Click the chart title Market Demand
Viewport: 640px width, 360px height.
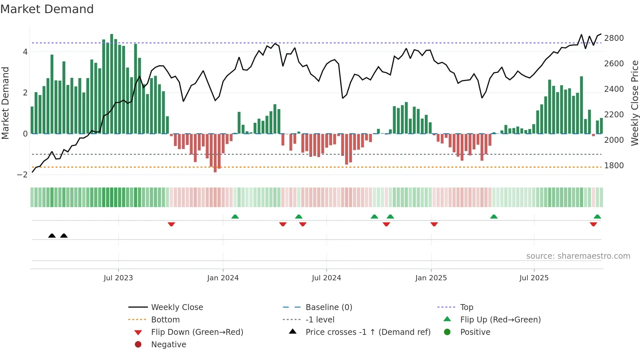click(x=47, y=9)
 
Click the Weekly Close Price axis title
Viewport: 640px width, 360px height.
click(x=634, y=103)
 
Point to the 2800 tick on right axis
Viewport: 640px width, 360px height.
click(x=614, y=38)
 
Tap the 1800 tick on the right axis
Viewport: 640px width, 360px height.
click(x=614, y=166)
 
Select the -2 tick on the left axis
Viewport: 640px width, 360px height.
click(x=22, y=175)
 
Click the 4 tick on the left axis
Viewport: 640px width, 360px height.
click(x=25, y=52)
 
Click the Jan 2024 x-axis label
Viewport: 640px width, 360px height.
click(x=223, y=278)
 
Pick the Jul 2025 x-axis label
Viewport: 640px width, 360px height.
click(x=534, y=278)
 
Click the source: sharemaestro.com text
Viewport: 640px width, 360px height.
click(x=578, y=256)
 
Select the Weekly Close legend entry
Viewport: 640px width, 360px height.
click(x=177, y=307)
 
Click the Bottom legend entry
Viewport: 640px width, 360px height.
click(x=165, y=320)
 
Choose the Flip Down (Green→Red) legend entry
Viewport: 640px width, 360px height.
click(x=197, y=332)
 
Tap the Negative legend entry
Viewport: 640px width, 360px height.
click(x=168, y=345)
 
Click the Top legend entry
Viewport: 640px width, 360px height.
click(x=466, y=307)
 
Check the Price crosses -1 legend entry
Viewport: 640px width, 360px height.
click(x=368, y=332)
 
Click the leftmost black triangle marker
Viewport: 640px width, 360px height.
click(x=52, y=236)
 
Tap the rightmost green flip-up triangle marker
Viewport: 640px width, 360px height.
click(x=597, y=217)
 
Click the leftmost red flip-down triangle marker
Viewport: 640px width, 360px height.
click(x=171, y=224)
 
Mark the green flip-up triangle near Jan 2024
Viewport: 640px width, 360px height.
click(x=235, y=217)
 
